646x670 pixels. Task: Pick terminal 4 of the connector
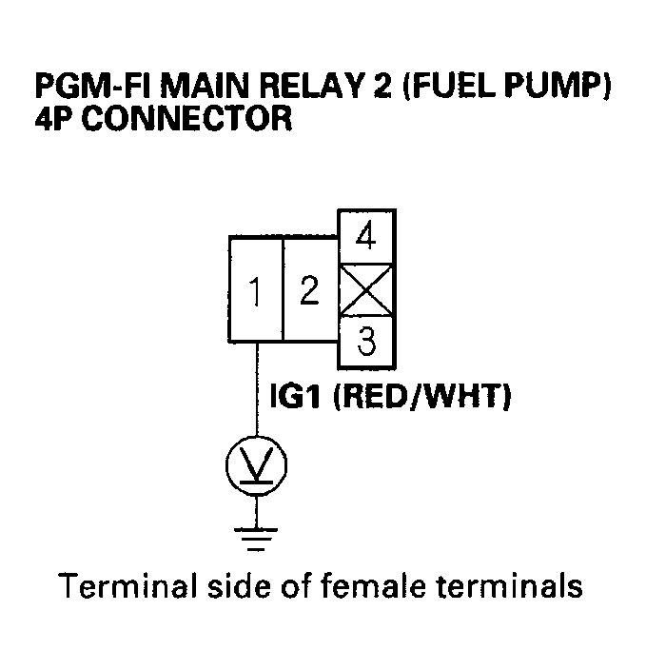pos(366,235)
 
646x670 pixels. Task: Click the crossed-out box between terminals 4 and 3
pos(366,289)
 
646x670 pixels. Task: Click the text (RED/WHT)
pos(421,397)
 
